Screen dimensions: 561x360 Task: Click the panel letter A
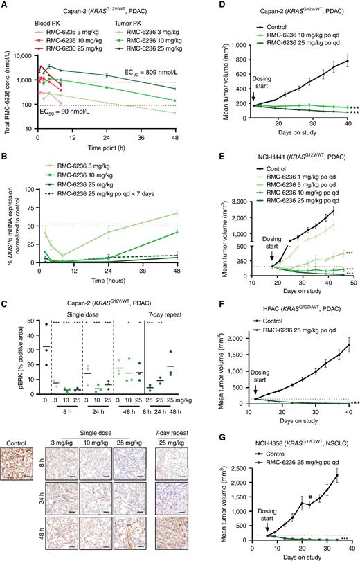tap(5, 6)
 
